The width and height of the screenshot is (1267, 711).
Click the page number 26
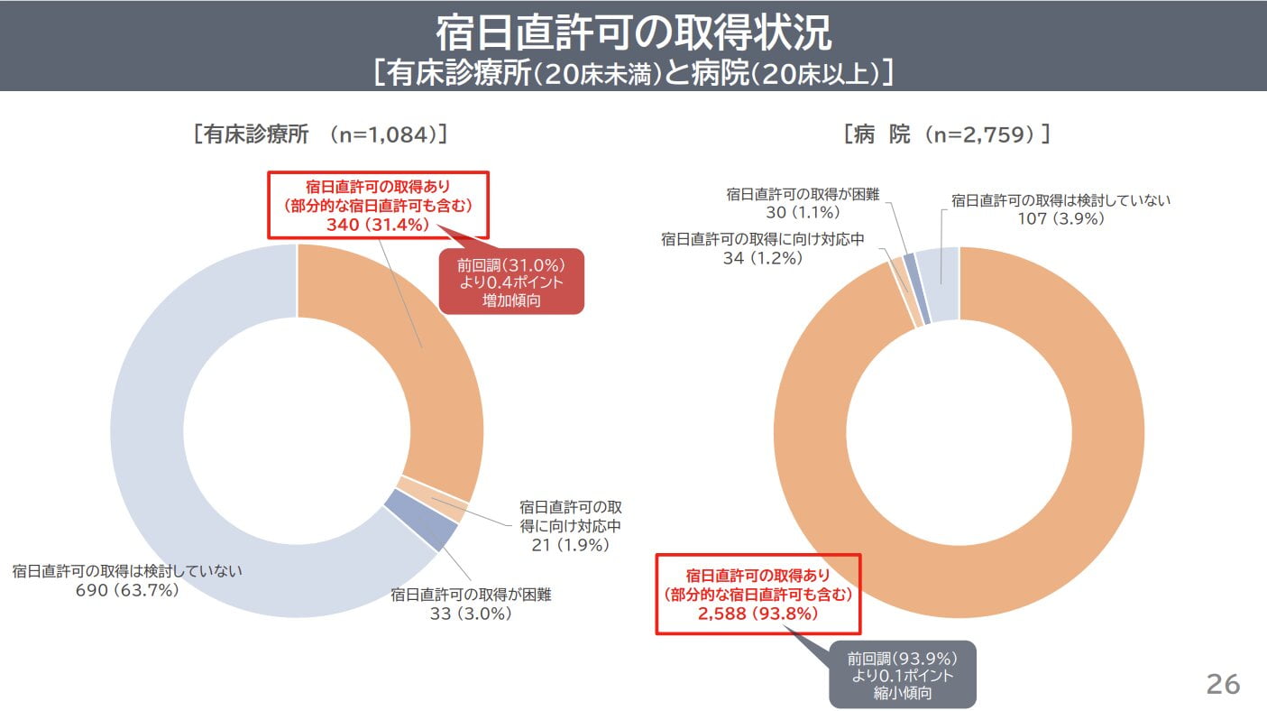tap(1223, 685)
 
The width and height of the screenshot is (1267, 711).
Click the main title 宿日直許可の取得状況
tap(633, 32)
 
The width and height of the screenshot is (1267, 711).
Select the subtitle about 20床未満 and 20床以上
tap(633, 72)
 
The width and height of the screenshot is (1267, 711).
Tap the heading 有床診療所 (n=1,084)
tap(321, 134)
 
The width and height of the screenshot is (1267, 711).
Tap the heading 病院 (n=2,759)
tap(947, 134)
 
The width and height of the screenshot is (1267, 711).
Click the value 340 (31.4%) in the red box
tap(377, 225)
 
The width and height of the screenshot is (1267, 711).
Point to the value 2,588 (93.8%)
tap(757, 614)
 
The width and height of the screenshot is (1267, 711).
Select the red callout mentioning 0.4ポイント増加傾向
tap(511, 282)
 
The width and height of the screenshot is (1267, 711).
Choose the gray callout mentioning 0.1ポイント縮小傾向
tap(903, 675)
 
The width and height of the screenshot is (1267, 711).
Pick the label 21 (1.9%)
tap(570, 545)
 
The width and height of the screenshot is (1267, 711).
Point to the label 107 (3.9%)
tap(1060, 218)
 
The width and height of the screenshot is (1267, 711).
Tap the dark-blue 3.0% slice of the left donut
tap(421, 521)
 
